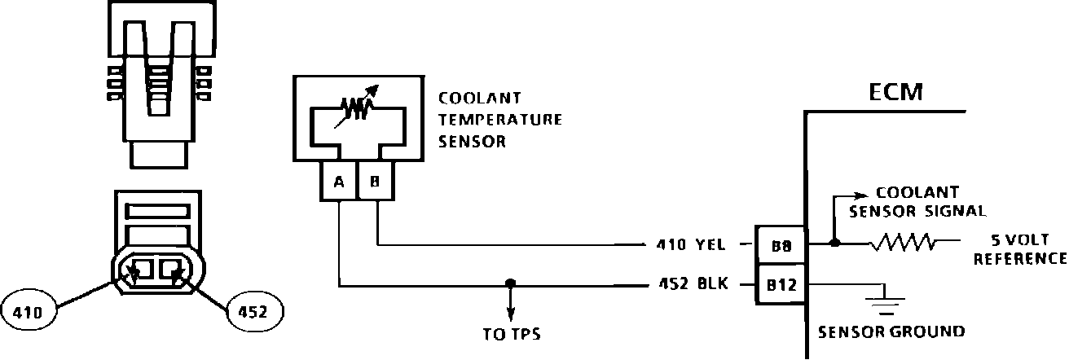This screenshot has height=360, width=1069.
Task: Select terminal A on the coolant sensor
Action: [x=338, y=182]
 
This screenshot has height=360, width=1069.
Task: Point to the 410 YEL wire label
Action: [x=690, y=243]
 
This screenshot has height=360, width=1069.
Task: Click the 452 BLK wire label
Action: [x=690, y=284]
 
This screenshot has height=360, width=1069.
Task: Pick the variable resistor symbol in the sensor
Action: [x=357, y=105]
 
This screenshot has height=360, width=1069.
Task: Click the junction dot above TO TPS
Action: [x=510, y=284]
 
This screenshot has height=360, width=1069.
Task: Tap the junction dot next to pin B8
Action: [x=834, y=243]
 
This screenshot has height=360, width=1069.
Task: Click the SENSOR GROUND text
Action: [x=891, y=331]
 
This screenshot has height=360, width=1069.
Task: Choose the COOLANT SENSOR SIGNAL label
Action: [x=917, y=201]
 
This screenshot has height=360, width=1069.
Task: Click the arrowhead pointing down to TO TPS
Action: [x=510, y=314]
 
